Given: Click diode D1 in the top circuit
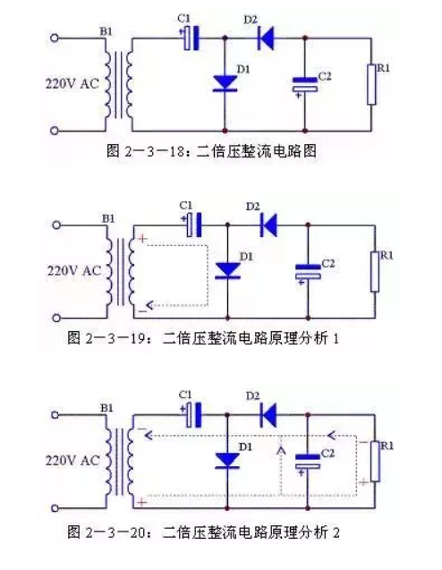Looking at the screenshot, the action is pos(225,83).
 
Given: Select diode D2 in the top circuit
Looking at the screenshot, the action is pos(266,38).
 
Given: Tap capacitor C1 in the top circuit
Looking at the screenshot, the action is pos(191,38).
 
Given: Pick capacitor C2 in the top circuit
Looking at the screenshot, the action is pos(305,84).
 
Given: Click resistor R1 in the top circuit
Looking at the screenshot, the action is pos(371,84).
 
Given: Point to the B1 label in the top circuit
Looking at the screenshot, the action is pos(106,31).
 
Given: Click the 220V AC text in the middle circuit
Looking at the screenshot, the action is pos(73,271).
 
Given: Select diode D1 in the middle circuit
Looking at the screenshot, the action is pos(228,271).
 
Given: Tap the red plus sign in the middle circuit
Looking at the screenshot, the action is pos(142,238).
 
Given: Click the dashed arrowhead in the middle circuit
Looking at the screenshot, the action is pos(149,305).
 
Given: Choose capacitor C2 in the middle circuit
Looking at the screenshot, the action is pos(308,271).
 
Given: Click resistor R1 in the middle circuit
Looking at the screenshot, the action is pos(375,271).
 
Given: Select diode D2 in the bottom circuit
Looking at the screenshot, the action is pos(268,415).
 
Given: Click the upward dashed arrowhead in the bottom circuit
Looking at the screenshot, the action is pos(281,450).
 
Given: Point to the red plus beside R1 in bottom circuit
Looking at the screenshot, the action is pos(363,482).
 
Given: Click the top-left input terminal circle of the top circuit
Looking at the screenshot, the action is pos(55,38).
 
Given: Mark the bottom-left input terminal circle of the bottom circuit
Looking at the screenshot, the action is pos(55,508).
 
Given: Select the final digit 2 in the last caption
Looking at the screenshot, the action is pos(336,532).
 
